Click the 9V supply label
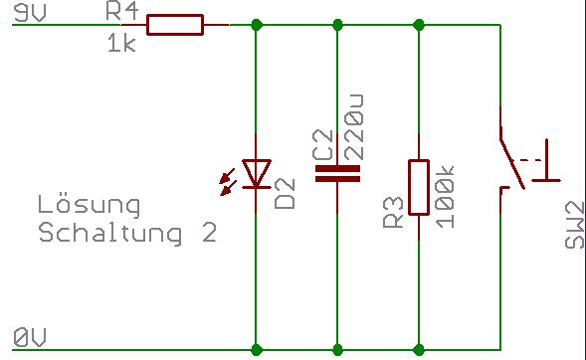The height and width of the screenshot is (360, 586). click(30, 14)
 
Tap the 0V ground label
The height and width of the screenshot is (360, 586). click(30, 337)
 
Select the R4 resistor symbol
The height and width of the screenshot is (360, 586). click(175, 25)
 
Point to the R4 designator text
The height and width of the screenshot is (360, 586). click(122, 12)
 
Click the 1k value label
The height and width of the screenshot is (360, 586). click(121, 43)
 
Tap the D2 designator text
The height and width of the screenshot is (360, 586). click(285, 194)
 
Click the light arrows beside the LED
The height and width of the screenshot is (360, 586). click(228, 182)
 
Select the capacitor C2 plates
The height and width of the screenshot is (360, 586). click(337, 174)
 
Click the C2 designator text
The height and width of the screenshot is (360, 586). click(322, 145)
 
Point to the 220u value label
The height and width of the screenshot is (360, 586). click(353, 127)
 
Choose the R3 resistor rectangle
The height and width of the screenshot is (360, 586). click(419, 188)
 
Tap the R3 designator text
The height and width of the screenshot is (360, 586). click(393, 212)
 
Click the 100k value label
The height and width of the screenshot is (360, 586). click(445, 197)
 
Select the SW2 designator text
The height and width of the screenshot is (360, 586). click(574, 225)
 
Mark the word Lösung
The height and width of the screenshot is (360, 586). click(89, 205)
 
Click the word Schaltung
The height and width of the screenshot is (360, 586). click(110, 232)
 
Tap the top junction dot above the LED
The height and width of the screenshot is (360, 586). click(257, 25)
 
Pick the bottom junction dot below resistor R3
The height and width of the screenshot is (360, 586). click(419, 350)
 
